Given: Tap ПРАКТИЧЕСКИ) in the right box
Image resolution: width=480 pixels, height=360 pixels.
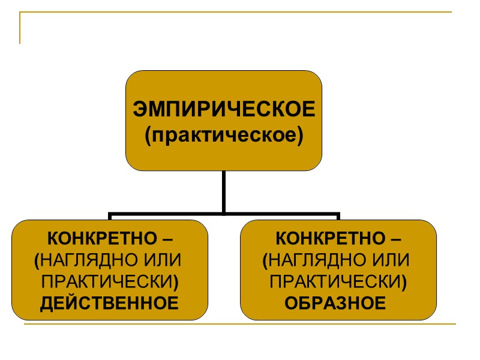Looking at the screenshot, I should [x=339, y=282].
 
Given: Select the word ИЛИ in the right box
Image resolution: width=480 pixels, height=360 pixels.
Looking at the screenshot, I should [x=385, y=260].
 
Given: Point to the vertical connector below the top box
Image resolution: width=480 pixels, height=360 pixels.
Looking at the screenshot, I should [x=224, y=191].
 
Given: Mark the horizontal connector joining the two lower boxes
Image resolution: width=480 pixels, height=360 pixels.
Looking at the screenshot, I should [x=224, y=213].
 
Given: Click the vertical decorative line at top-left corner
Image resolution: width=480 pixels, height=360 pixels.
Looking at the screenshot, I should [x=20, y=29].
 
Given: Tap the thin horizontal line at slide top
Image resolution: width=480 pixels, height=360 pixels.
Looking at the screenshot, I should [x=240, y=12].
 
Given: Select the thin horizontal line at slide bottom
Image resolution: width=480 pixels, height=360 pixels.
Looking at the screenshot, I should [x=240, y=325].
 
